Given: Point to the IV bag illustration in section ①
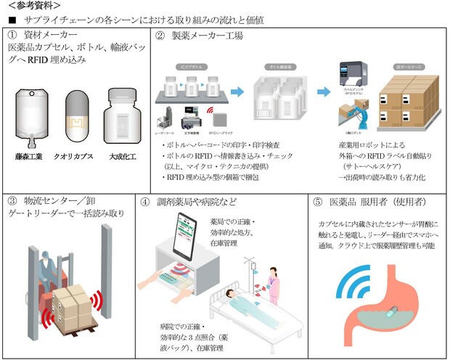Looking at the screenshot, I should click(x=31, y=116).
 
